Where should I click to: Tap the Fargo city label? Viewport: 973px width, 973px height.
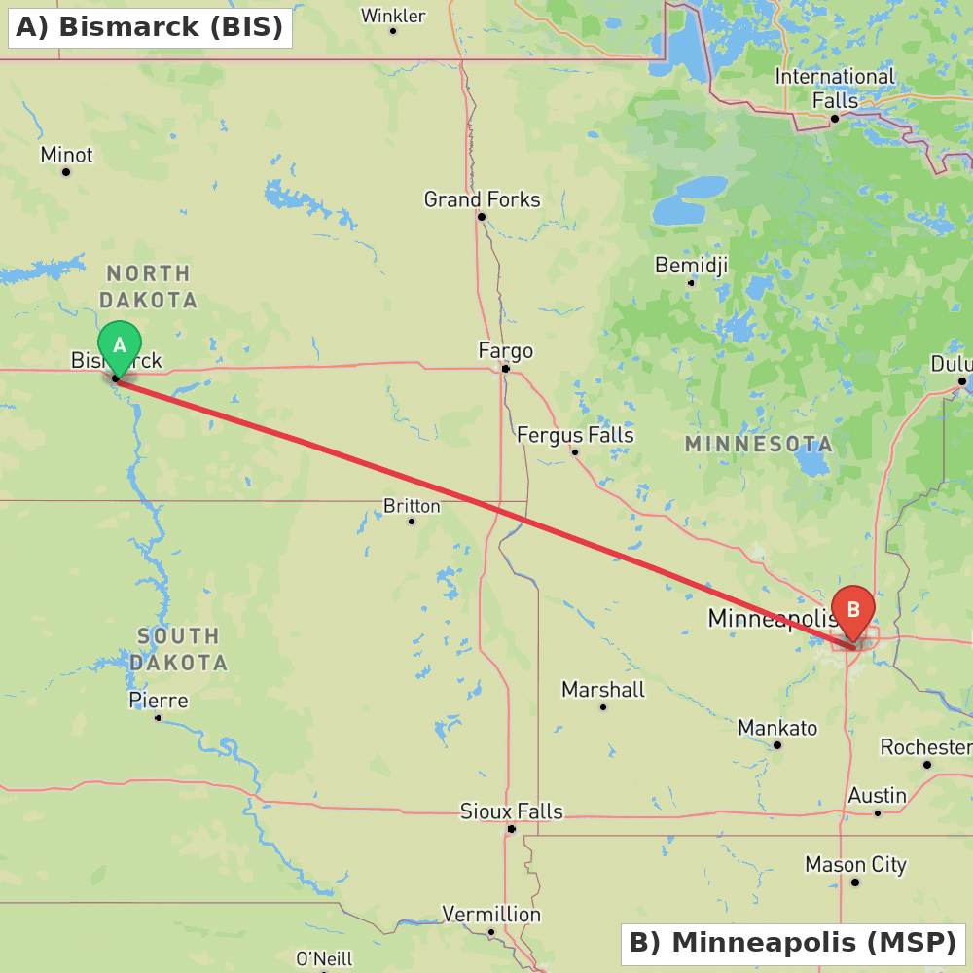coord(505,350)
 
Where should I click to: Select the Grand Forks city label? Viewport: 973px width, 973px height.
coord(482,199)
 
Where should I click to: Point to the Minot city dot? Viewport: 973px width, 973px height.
coord(66,172)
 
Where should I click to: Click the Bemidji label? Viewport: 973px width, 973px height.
coord(691,266)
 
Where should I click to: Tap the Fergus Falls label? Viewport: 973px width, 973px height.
coord(575,435)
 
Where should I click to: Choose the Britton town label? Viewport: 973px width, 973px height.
coord(412,506)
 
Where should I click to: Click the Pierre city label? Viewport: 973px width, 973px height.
coord(159,701)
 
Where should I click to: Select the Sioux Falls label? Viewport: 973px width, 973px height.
coord(512,811)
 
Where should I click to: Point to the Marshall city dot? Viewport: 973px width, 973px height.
coord(603,707)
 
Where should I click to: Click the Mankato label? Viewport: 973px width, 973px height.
coord(777,728)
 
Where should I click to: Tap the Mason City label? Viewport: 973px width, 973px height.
coord(855,864)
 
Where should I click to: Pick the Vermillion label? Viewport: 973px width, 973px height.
coord(491,915)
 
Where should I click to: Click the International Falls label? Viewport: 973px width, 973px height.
coord(834,88)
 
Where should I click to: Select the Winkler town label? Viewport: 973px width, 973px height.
coord(393,16)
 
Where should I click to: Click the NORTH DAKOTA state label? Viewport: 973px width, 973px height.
coord(148,287)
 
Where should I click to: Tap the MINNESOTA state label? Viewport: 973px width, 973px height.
coord(758,445)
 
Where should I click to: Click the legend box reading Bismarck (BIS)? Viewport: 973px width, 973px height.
coord(150,26)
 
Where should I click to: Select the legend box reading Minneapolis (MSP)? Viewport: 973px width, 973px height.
coord(793,944)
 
